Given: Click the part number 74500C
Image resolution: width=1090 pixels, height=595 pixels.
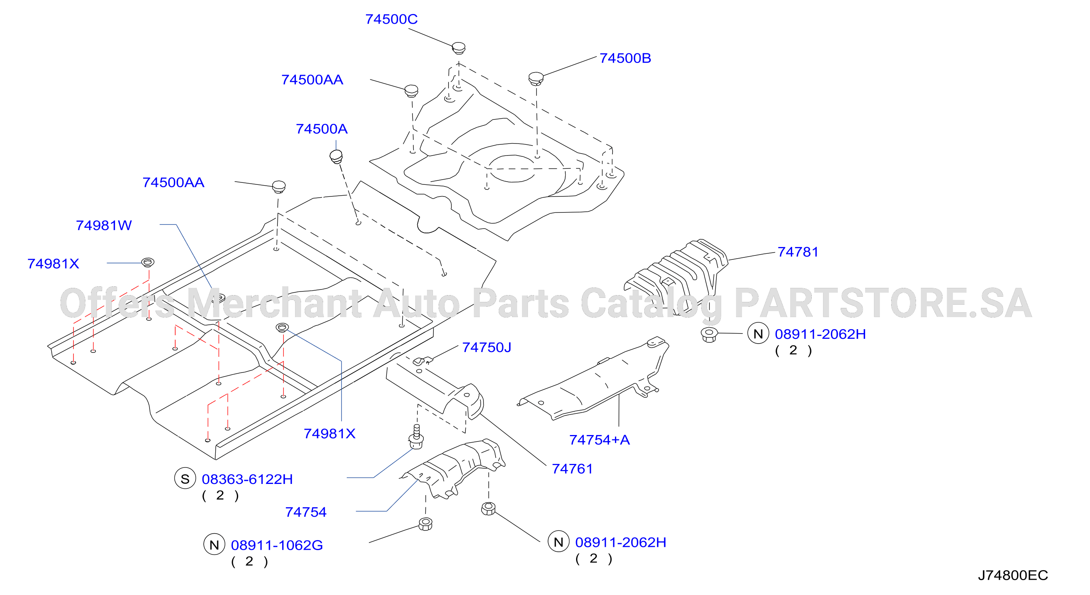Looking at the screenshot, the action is (391, 19).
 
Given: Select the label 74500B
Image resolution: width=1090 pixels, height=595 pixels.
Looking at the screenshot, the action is (625, 58).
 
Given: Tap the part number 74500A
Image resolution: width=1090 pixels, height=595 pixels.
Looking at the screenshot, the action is (322, 129).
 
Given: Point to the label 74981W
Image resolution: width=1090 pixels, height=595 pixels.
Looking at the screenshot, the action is (104, 225).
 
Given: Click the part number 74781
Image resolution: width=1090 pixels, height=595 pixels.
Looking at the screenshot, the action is (798, 252).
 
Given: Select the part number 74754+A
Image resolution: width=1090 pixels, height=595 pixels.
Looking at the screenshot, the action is (600, 440).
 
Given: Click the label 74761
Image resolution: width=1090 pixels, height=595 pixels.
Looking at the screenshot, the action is (572, 468).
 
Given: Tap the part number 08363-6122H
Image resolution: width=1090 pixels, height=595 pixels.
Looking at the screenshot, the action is (247, 479).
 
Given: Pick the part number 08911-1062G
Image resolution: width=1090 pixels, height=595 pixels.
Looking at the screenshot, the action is (277, 545).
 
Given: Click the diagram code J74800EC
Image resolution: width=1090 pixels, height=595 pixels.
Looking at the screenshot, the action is (1013, 575).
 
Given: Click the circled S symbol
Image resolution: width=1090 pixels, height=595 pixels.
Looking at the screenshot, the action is (185, 479).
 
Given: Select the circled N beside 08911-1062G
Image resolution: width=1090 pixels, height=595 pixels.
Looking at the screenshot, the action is (214, 544).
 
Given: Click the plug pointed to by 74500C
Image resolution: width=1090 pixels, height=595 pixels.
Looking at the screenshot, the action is (459, 48).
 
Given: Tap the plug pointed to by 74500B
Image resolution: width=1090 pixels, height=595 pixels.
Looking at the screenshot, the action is (536, 79).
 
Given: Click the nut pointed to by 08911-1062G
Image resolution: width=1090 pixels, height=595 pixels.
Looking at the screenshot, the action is (425, 524).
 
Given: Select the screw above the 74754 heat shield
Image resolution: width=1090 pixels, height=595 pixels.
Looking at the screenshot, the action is (417, 437).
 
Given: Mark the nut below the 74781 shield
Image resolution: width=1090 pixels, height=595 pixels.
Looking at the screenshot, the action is (709, 334).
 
